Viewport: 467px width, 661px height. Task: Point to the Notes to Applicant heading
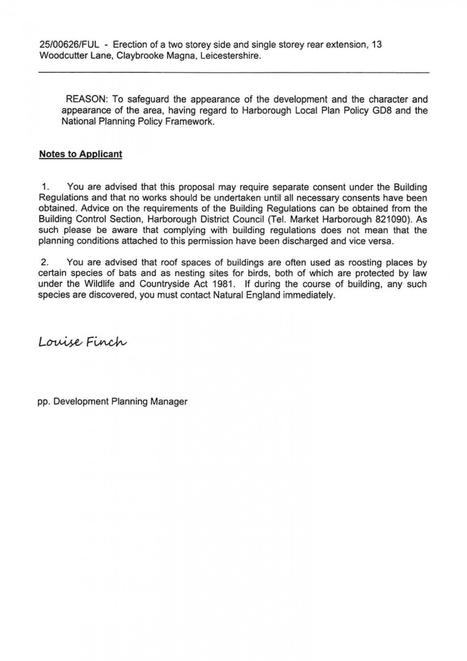(x=81, y=154)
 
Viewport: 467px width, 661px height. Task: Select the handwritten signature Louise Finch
(x=83, y=342)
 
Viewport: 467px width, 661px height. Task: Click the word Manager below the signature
(x=170, y=401)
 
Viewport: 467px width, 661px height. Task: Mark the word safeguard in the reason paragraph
(x=148, y=99)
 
